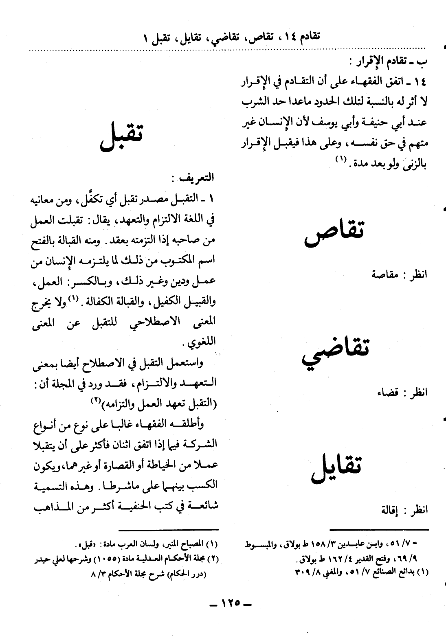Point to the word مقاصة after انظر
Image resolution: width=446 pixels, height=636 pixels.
pos(385,274)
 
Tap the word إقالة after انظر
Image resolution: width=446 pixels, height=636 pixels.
pos(390,510)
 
